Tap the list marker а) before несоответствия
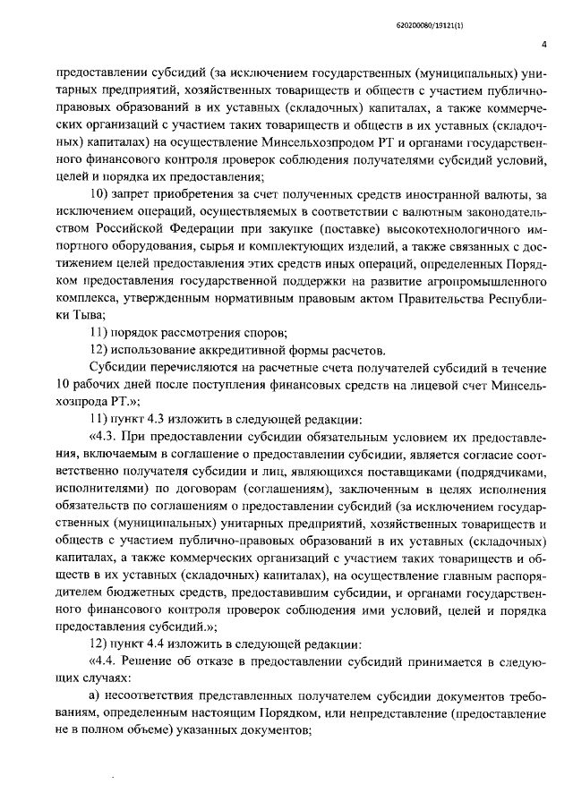pyautogui.click(x=98, y=697)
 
